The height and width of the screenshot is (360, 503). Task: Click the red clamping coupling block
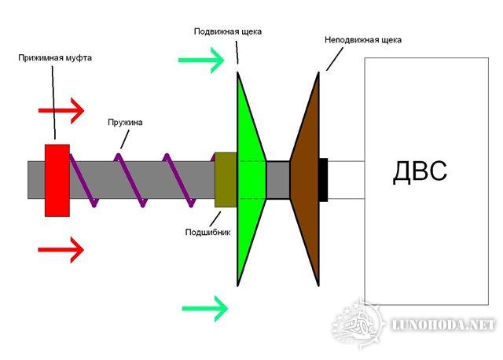pyautogui.click(x=57, y=180)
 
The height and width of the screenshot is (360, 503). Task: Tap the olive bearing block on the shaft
pyautogui.click(x=226, y=180)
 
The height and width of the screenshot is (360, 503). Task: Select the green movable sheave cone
pyautogui.click(x=251, y=179)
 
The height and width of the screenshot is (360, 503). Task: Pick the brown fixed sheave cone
pyautogui.click(x=305, y=179)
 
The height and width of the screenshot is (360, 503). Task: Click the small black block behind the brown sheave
pyautogui.click(x=323, y=180)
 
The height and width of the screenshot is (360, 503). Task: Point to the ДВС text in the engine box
pyautogui.click(x=420, y=171)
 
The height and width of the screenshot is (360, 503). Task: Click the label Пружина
pyautogui.click(x=125, y=123)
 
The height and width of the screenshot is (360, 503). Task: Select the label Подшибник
pyautogui.click(x=207, y=232)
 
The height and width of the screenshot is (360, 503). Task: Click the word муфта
pyautogui.click(x=79, y=58)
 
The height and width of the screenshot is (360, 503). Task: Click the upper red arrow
pyautogui.click(x=61, y=111)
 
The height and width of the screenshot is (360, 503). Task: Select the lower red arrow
pyautogui.click(x=61, y=250)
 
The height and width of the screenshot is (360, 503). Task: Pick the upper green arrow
pyautogui.click(x=201, y=60)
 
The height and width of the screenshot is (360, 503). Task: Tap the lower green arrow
pyautogui.click(x=205, y=309)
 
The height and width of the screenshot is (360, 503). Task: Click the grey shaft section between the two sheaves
pyautogui.click(x=278, y=180)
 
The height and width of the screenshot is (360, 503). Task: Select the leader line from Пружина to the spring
pyautogui.click(x=124, y=139)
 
